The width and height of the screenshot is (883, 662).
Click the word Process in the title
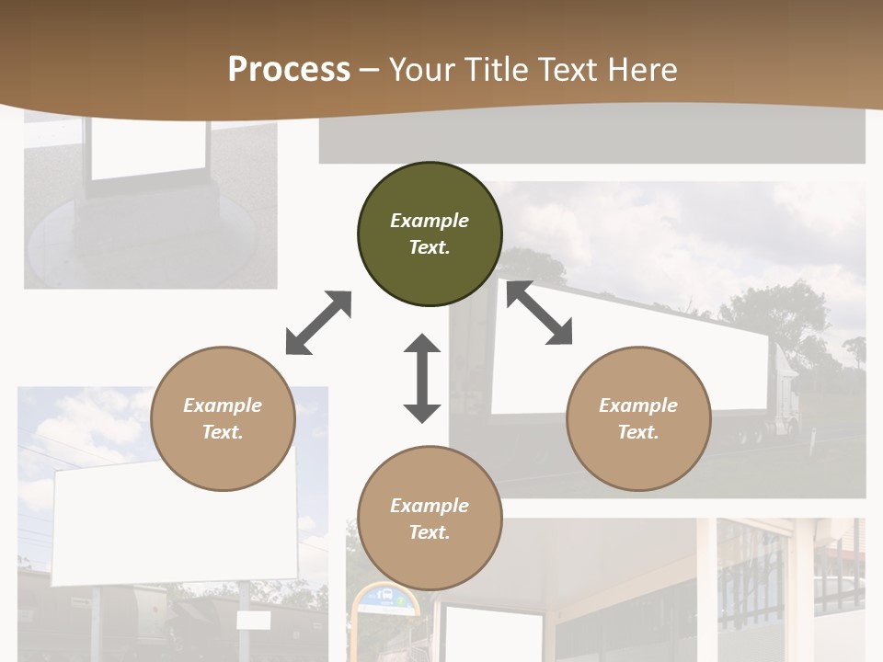point(289,70)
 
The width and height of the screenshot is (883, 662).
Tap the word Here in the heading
point(640,70)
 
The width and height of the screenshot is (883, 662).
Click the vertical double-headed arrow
point(422,378)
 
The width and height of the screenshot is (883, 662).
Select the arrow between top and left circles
point(318,323)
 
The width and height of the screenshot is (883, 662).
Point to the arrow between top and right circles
point(539,314)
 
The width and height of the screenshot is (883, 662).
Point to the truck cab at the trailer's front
point(787,391)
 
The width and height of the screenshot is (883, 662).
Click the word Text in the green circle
point(430,247)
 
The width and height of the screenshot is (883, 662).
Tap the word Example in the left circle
point(223,405)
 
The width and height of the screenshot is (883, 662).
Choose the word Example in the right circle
point(638,405)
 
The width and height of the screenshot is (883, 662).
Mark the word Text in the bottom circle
point(430,532)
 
